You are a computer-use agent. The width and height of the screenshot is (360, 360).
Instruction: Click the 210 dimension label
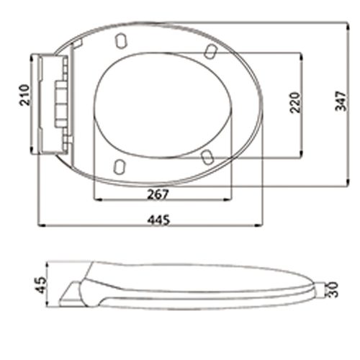pos(25,95)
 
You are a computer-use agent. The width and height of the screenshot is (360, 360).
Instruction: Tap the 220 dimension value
pos(295,102)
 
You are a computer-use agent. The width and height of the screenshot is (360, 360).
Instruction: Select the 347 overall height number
pos(341,101)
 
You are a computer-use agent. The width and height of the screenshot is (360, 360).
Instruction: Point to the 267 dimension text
pos(158,194)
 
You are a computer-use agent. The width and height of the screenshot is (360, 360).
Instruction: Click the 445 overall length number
pos(158,220)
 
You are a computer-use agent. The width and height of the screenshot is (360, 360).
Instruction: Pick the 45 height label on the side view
pos(40,285)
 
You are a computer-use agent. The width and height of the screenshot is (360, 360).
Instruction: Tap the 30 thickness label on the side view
pos(333,289)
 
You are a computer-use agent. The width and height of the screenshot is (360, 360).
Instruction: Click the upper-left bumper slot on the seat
pos(121,40)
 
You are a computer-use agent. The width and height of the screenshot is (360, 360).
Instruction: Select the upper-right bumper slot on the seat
pos(211,51)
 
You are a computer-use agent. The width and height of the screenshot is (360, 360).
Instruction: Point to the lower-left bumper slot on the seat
pos(120,167)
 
